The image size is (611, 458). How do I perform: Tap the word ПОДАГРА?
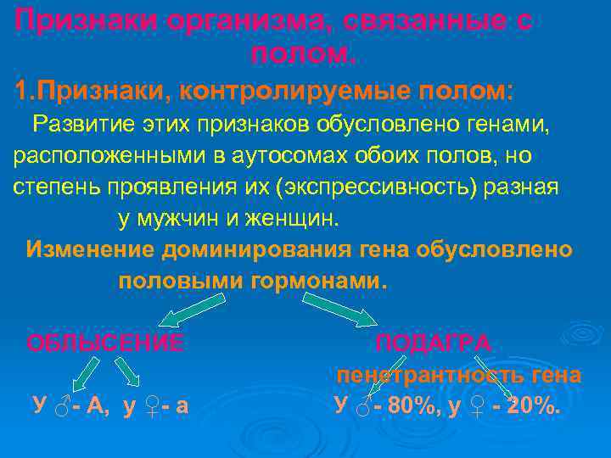(433, 343)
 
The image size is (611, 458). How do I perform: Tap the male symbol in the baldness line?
(60, 407)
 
